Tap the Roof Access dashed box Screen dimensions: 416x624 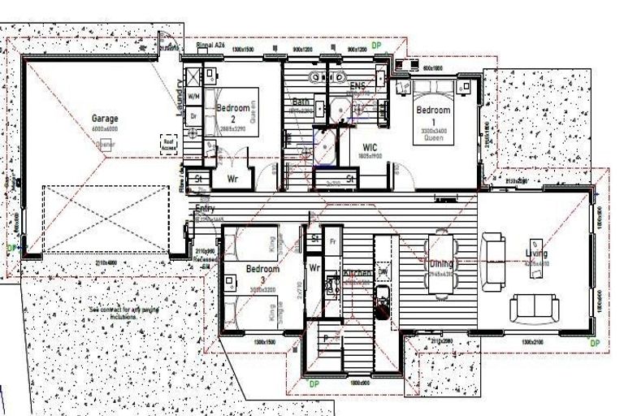point(169,144)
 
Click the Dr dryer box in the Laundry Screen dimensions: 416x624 point(193,116)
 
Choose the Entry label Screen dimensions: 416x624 point(205,210)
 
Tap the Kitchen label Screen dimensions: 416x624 point(357,274)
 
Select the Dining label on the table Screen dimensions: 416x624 point(443,263)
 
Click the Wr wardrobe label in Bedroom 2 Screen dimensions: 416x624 point(232,178)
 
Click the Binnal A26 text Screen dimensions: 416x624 point(210,46)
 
